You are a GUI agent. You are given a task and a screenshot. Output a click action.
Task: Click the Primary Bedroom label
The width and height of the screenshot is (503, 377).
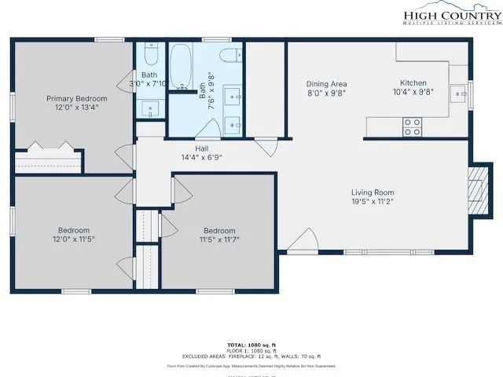tap(76, 98)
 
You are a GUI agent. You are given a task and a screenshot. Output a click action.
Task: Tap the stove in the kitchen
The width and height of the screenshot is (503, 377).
tap(412, 126)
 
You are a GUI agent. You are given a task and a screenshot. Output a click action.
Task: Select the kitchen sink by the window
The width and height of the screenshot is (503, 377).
tap(458, 94)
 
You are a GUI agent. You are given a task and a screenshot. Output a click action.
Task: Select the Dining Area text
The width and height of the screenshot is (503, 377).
tap(326, 84)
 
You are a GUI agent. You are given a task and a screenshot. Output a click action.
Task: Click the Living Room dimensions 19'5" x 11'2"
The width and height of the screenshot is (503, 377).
tap(373, 201)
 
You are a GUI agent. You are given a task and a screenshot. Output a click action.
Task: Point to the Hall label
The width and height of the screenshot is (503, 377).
tap(202, 148)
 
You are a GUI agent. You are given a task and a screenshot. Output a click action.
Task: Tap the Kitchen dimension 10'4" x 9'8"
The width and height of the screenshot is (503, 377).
tap(413, 92)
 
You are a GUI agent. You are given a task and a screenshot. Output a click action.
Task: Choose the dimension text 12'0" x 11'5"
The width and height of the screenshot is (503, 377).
tap(73, 238)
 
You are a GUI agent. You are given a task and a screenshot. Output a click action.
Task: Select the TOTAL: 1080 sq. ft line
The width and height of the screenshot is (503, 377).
tap(251, 345)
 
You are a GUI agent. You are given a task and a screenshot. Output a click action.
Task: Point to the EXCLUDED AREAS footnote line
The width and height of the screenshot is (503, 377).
tap(251, 356)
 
